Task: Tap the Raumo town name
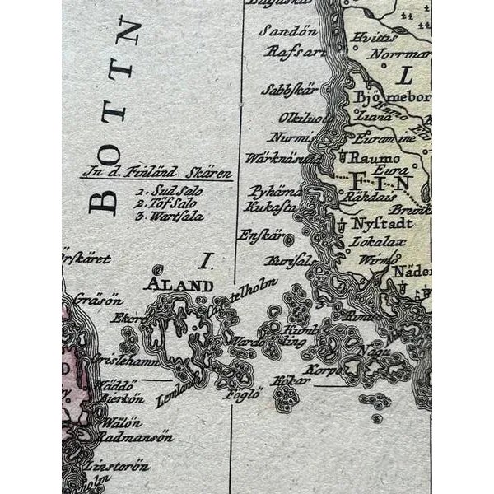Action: (375, 156)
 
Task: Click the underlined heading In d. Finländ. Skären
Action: (158, 175)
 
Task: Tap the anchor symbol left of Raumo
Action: (342, 156)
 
